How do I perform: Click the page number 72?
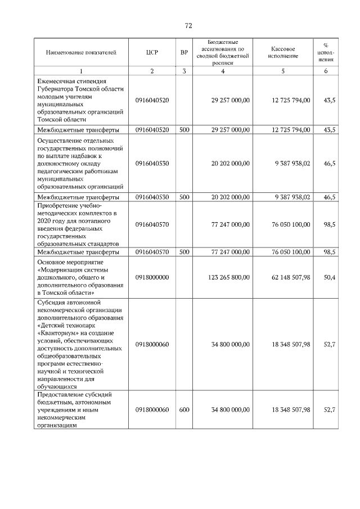[188, 25]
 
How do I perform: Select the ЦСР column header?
[152, 53]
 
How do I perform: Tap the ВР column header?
[184, 53]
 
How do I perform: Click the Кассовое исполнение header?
[282, 53]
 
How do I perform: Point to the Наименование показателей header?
[81, 53]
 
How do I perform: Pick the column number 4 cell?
[223, 71]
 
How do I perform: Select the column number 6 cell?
[326, 71]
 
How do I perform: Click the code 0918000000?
[152, 277]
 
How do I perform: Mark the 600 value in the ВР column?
[184, 410]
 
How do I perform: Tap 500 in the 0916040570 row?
[184, 253]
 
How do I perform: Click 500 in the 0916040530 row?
[184, 197]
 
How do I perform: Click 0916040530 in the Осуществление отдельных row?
[152, 163]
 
